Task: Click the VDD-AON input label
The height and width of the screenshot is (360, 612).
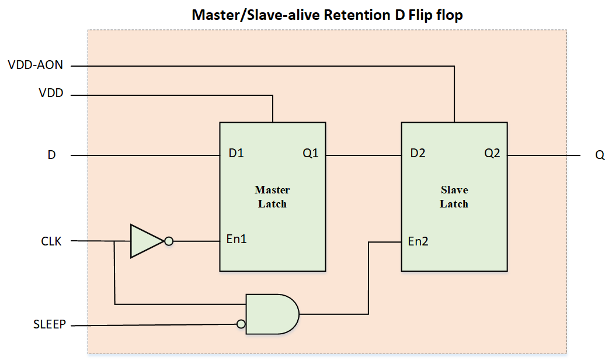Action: (x=35, y=65)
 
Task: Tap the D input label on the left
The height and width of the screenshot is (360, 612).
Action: (x=51, y=156)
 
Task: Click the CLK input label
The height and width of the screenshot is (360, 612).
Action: (x=51, y=241)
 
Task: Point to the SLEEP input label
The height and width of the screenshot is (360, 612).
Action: (x=50, y=324)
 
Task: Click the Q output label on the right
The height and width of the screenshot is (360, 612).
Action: (x=600, y=156)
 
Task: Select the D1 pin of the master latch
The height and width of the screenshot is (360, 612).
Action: (x=237, y=154)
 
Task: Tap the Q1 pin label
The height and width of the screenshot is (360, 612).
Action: (x=311, y=154)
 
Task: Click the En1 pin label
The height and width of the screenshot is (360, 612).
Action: (x=237, y=239)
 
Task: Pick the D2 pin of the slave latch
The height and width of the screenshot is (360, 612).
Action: (x=418, y=154)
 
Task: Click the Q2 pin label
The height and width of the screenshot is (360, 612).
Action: (x=492, y=154)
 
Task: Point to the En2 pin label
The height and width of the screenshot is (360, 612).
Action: (x=418, y=241)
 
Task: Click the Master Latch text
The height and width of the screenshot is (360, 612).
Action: (x=272, y=197)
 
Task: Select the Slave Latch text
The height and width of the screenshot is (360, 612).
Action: (x=454, y=197)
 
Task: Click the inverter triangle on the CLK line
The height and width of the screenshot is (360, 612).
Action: (x=144, y=241)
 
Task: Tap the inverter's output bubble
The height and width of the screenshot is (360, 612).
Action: (x=169, y=241)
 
